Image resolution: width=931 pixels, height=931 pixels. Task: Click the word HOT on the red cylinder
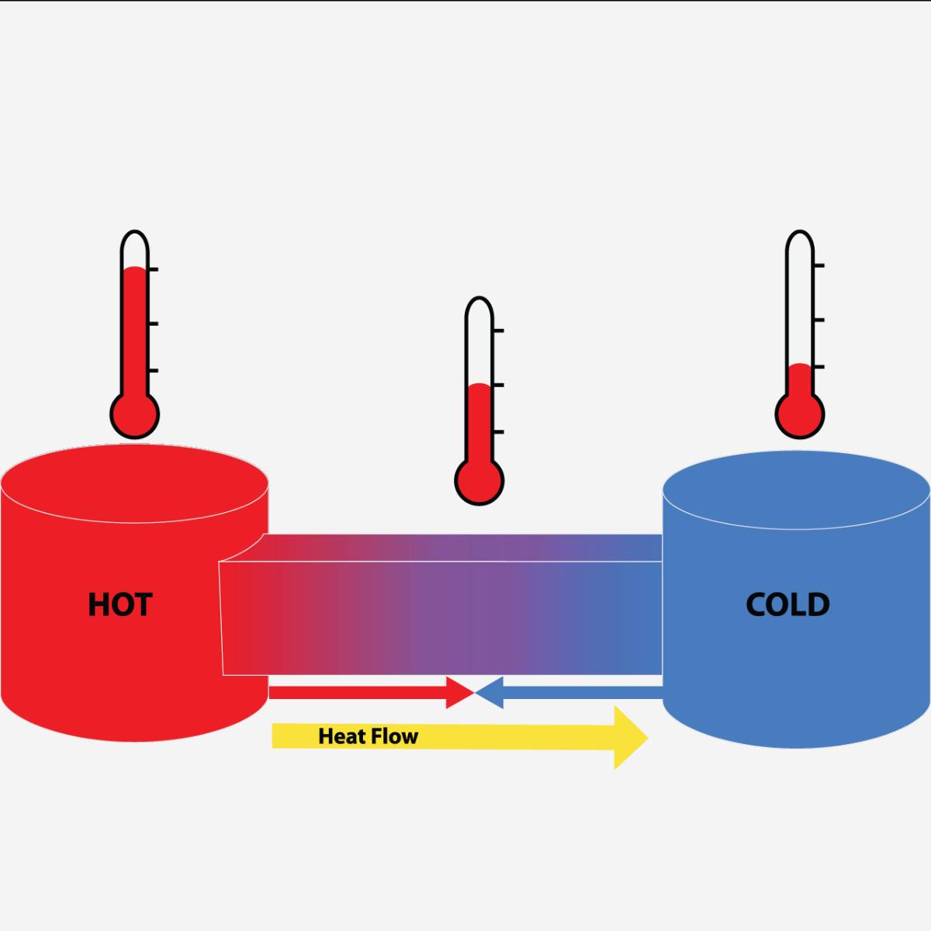pyautogui.click(x=119, y=604)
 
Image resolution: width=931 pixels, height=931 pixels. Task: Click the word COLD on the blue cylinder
pyautogui.click(x=787, y=604)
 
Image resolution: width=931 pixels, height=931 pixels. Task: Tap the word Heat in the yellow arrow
pyautogui.click(x=342, y=736)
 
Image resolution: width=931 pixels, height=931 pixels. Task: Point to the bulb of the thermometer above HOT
pyautogui.click(x=135, y=414)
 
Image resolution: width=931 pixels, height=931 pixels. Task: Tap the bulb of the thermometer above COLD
pyautogui.click(x=800, y=414)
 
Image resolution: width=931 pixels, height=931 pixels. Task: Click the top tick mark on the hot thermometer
pyautogui.click(x=153, y=269)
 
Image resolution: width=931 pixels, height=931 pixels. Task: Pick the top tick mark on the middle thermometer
pyautogui.click(x=497, y=331)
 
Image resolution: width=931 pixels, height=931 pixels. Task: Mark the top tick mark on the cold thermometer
pyautogui.click(x=819, y=266)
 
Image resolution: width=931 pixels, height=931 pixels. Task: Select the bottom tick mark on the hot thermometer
pyautogui.click(x=153, y=371)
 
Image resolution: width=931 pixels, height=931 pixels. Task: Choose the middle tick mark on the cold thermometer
pyautogui.click(x=819, y=320)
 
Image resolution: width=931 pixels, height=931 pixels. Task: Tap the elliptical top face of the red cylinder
pyautogui.click(x=134, y=484)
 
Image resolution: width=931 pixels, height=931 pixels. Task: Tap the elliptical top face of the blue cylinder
pyautogui.click(x=796, y=491)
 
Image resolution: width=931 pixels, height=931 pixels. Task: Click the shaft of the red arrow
pyautogui.click(x=357, y=692)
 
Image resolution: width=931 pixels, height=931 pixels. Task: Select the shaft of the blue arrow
pyautogui.click(x=582, y=692)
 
